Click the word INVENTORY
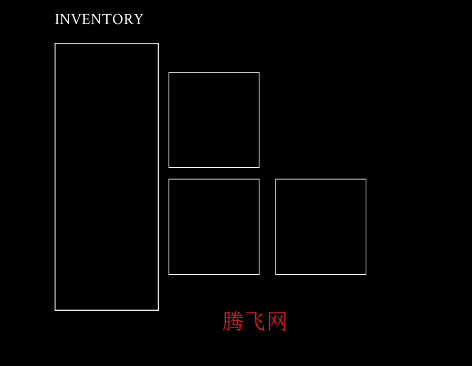click(x=99, y=19)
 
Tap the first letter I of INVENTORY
click(x=57, y=19)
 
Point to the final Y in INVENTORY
click(x=138, y=19)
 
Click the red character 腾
click(x=233, y=321)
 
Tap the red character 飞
click(x=255, y=321)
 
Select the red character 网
click(x=277, y=321)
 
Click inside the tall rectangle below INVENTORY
click(x=106, y=177)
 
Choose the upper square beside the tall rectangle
click(x=214, y=120)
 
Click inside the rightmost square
click(x=321, y=226)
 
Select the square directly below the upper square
click(x=214, y=226)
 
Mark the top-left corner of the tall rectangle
click(x=55, y=44)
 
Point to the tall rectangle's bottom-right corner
click(x=158, y=310)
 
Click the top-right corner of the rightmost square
click(x=366, y=179)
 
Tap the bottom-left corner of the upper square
click(x=169, y=167)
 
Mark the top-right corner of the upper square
click(x=259, y=73)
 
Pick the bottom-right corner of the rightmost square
click(x=366, y=274)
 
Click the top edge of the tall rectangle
click(x=106, y=44)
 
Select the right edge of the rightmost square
click(x=366, y=226)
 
